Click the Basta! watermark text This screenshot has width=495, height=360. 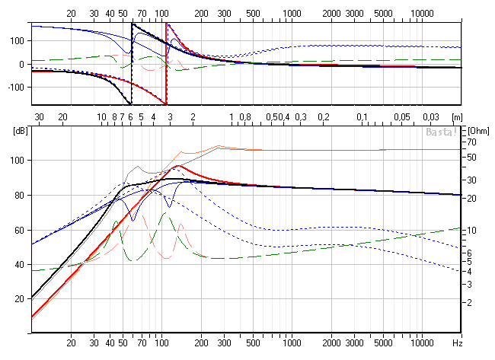coord(441,132)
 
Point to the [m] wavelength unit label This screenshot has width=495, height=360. coord(456,116)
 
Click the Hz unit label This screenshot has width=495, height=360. coord(457,342)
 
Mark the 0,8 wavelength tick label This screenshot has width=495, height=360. coord(245,116)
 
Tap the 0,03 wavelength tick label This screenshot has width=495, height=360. coord(431,116)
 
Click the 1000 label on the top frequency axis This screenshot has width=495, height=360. coord(292,14)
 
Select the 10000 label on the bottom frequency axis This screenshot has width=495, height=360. coord(423,342)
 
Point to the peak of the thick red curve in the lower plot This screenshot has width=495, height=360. coord(177,165)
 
